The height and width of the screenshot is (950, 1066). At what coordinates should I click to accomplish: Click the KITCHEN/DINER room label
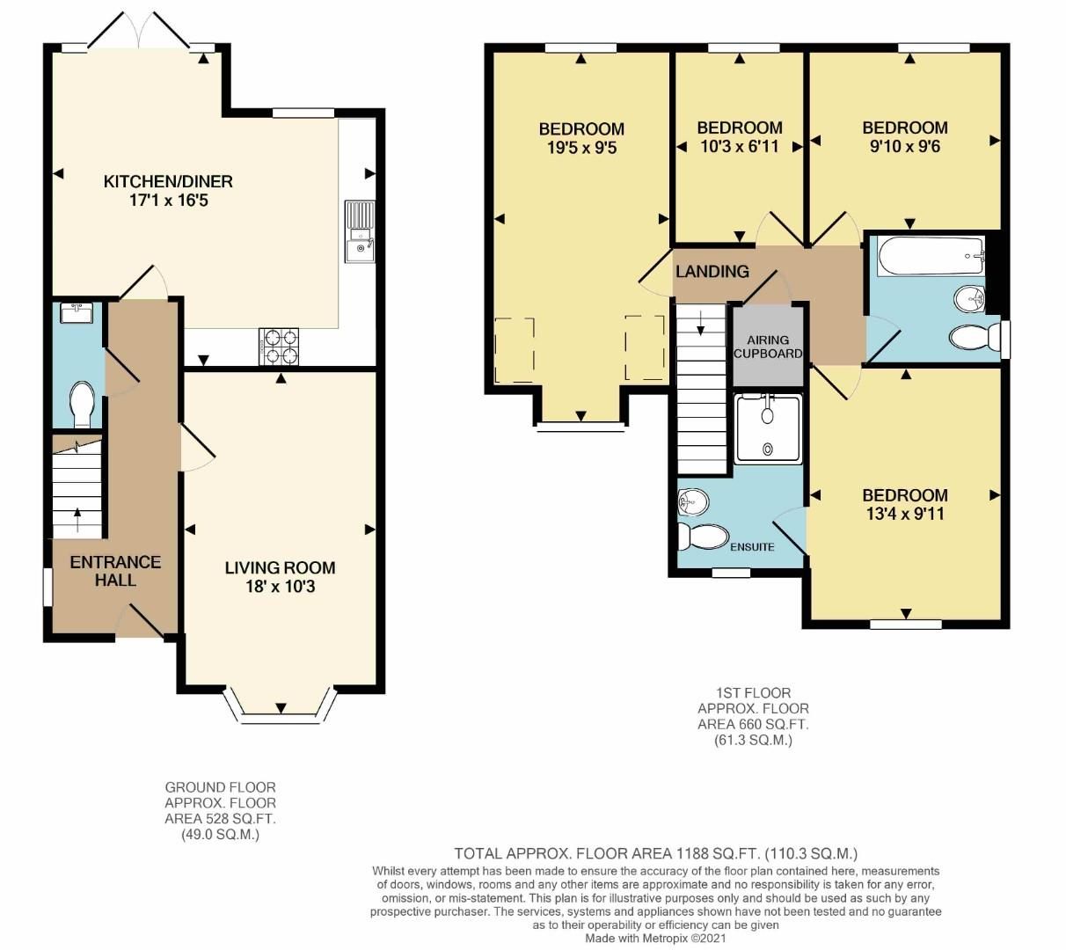(168, 182)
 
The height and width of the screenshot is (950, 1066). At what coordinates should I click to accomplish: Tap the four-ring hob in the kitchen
(280, 346)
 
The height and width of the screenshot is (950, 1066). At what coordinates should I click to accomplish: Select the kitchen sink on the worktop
(361, 232)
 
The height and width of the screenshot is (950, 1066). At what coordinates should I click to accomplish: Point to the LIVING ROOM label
(280, 567)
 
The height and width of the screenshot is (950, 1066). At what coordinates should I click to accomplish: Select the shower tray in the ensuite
(768, 428)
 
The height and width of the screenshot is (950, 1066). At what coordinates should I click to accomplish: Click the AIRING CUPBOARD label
(768, 347)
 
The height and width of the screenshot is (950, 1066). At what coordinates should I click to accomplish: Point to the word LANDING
(712, 272)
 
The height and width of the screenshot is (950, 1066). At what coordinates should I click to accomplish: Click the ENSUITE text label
(752, 547)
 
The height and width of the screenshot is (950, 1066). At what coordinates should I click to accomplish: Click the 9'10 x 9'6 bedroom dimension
(905, 147)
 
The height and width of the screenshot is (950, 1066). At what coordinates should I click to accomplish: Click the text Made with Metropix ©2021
(655, 938)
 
